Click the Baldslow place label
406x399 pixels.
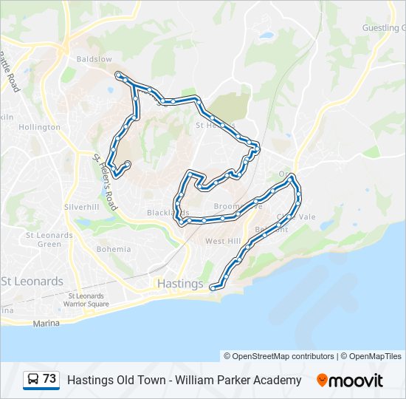[x=94, y=58]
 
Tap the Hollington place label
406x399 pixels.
[x=39, y=127]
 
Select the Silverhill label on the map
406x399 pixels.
[x=81, y=207]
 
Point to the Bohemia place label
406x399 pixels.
[x=113, y=249]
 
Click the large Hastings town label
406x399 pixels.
[x=180, y=284]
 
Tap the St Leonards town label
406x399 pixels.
[x=32, y=282]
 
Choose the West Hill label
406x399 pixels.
[x=222, y=242]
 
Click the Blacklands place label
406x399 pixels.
[x=163, y=212]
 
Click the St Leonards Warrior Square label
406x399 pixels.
[x=86, y=301]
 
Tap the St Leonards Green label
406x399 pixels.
[x=44, y=239]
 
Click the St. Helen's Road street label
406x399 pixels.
[x=105, y=182]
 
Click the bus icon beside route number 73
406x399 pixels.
[x=33, y=380]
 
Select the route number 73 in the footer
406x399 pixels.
[x=49, y=379]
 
